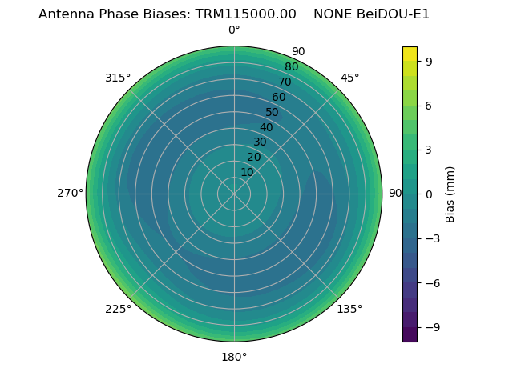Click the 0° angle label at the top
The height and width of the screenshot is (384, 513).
(234, 30)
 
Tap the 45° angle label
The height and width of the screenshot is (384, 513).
(349, 78)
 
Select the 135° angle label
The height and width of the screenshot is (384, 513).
(349, 309)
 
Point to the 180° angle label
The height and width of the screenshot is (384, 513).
(234, 357)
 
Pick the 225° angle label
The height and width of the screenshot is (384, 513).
(118, 309)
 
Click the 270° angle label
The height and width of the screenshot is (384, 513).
(70, 194)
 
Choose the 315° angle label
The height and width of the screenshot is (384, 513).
(118, 78)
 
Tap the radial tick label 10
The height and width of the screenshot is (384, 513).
(247, 173)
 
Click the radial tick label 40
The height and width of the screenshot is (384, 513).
(266, 127)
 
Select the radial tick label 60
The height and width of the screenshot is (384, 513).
(279, 98)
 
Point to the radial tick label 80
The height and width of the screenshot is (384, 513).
(292, 67)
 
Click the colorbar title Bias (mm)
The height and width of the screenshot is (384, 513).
(450, 194)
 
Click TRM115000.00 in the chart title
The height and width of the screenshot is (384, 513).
(245, 14)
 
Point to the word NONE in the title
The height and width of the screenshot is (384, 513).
(331, 14)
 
